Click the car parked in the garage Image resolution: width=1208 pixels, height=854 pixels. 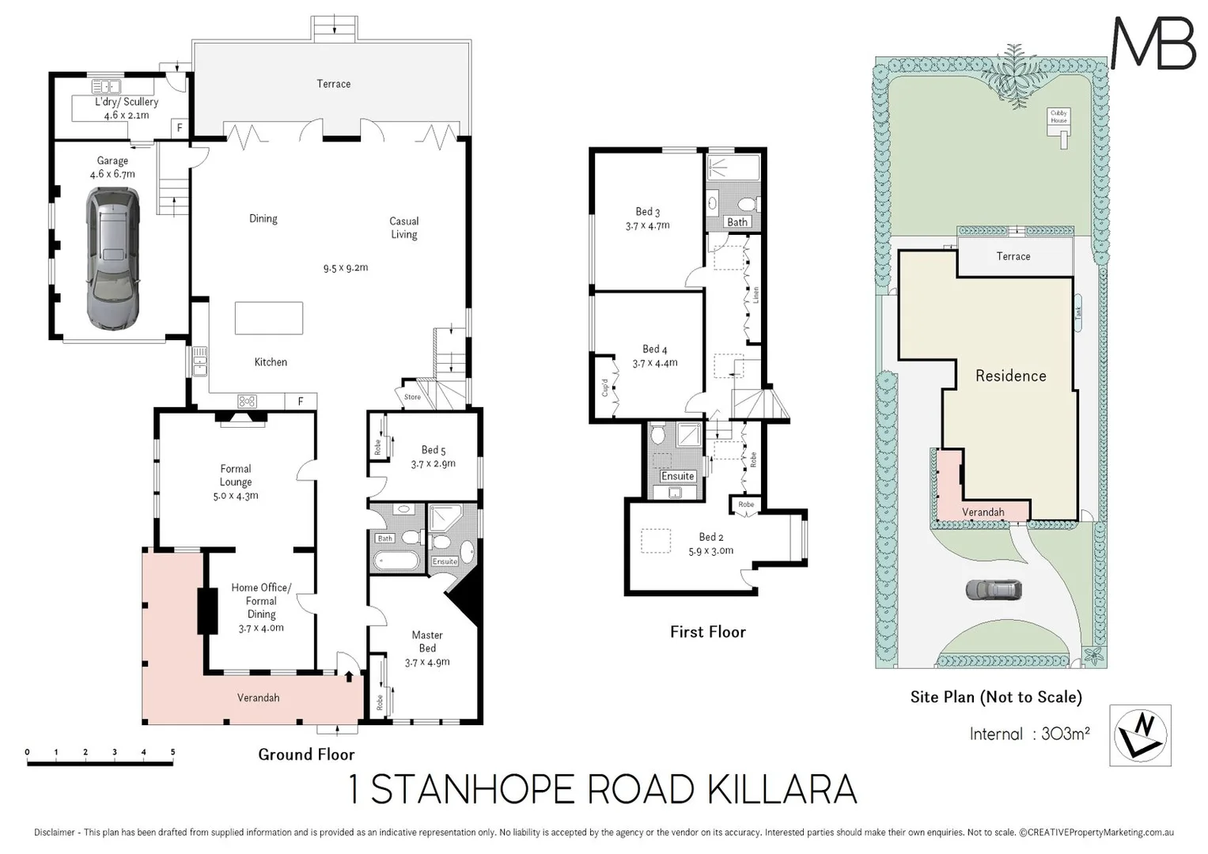(x=112, y=259)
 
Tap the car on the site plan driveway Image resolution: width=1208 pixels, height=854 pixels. (x=994, y=590)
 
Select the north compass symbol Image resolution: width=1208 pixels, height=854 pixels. (x=1140, y=735)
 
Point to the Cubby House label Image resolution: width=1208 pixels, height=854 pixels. (x=1058, y=116)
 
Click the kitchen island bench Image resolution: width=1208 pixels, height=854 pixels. (x=269, y=318)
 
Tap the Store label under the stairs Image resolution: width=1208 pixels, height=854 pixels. (x=412, y=397)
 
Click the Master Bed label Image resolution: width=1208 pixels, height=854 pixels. (x=427, y=641)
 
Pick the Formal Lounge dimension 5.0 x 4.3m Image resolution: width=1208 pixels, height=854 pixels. (x=236, y=496)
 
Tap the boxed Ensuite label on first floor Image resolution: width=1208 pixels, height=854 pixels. (x=677, y=476)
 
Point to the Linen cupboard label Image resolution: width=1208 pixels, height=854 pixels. (x=755, y=295)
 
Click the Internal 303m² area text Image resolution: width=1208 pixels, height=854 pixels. (x=1029, y=734)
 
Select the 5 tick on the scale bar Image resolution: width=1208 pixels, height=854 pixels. (x=172, y=753)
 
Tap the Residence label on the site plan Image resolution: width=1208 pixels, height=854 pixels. (x=1010, y=376)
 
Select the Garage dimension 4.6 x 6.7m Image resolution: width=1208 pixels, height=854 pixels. (x=112, y=174)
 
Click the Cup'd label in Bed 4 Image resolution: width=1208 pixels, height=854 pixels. (x=605, y=387)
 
